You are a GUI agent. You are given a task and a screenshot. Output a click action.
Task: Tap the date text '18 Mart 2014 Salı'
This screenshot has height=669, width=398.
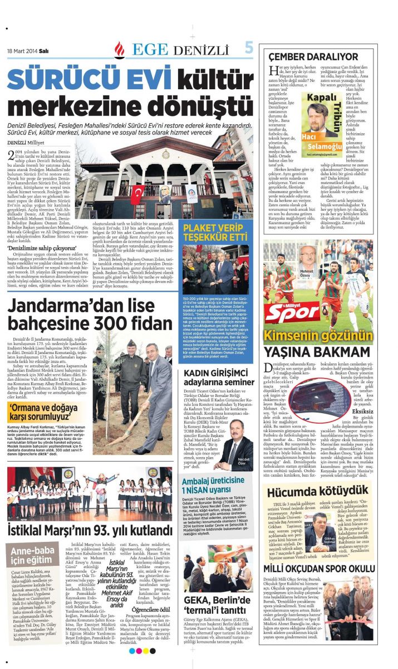28,50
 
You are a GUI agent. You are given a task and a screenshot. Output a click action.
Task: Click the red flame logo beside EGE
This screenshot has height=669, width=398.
119,50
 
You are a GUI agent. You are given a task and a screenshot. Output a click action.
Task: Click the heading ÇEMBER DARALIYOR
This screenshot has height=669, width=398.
313,57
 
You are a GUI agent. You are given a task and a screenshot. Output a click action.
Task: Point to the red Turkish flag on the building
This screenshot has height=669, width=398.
136,193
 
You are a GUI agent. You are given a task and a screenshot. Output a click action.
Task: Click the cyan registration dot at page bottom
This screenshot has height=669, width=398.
131,651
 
